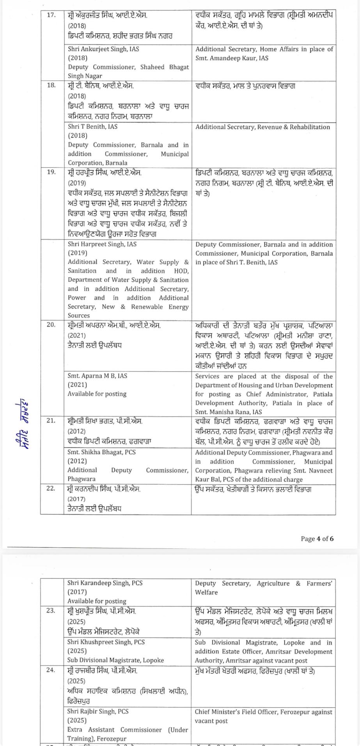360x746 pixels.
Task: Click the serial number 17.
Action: tap(51, 16)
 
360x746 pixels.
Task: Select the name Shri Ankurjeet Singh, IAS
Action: tap(103, 49)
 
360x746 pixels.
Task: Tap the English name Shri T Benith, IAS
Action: tap(92, 127)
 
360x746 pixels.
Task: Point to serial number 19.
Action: tap(51, 172)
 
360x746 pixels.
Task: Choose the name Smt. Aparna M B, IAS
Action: tap(97, 376)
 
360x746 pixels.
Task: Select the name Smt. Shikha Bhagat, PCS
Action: tap(101, 452)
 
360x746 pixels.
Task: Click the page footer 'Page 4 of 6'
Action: tap(317, 539)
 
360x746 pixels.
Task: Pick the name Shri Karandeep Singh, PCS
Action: tap(105, 583)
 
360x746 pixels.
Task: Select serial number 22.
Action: tap(51, 488)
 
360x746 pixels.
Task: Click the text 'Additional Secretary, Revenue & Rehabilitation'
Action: tap(262, 127)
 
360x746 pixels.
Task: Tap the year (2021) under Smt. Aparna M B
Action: tap(78, 385)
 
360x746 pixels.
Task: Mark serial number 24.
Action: tap(51, 671)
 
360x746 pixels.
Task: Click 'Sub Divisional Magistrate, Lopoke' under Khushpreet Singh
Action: tap(115, 660)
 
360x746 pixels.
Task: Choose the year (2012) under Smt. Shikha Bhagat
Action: tap(77, 461)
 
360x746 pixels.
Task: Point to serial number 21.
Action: tap(51, 421)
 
